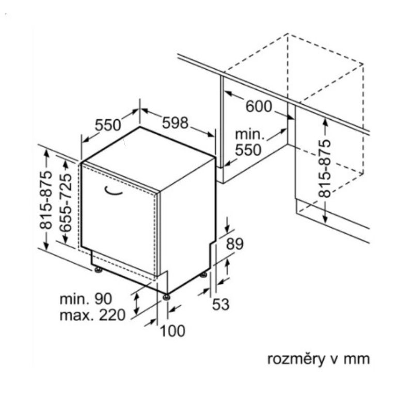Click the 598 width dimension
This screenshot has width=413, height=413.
[176, 123]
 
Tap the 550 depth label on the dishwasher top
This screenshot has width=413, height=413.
[107, 125]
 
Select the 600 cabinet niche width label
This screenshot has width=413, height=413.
[258, 106]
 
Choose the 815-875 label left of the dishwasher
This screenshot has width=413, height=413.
[46, 199]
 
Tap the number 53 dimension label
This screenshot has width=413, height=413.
[220, 305]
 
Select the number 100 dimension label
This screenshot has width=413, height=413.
[172, 331]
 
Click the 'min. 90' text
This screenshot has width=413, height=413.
[86, 299]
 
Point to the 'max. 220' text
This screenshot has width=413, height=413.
[92, 315]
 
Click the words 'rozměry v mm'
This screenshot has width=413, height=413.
[318, 359]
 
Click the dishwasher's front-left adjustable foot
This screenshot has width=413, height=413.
[98, 269]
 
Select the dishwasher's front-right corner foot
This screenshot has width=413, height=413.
[166, 296]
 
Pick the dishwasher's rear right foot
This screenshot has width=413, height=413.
[204, 274]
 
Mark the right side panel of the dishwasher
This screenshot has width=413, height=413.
[186, 227]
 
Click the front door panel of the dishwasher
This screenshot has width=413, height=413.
[119, 222]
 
